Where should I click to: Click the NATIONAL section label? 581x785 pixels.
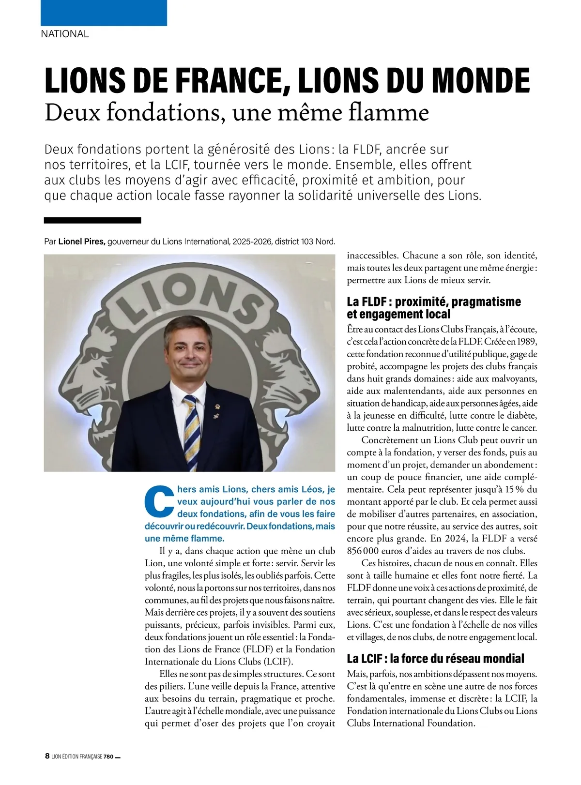click(x=65, y=34)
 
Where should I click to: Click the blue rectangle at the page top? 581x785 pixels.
click(x=104, y=13)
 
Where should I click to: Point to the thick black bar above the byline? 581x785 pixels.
click(x=92, y=220)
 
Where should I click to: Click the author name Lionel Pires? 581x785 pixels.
click(x=82, y=242)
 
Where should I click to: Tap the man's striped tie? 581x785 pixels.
click(x=192, y=426)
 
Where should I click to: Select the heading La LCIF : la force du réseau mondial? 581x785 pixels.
click(x=435, y=659)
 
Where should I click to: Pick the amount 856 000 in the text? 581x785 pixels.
click(x=363, y=551)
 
